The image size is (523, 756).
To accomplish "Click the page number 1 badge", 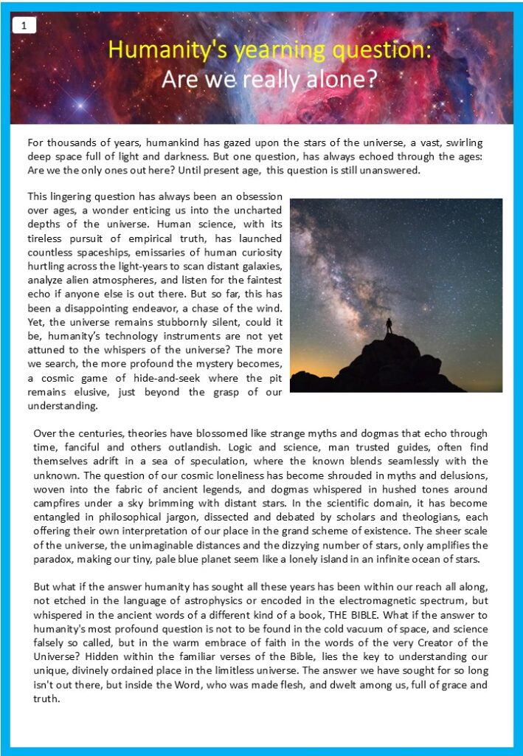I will point(24,26).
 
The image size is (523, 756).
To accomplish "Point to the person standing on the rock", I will point(389,326).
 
